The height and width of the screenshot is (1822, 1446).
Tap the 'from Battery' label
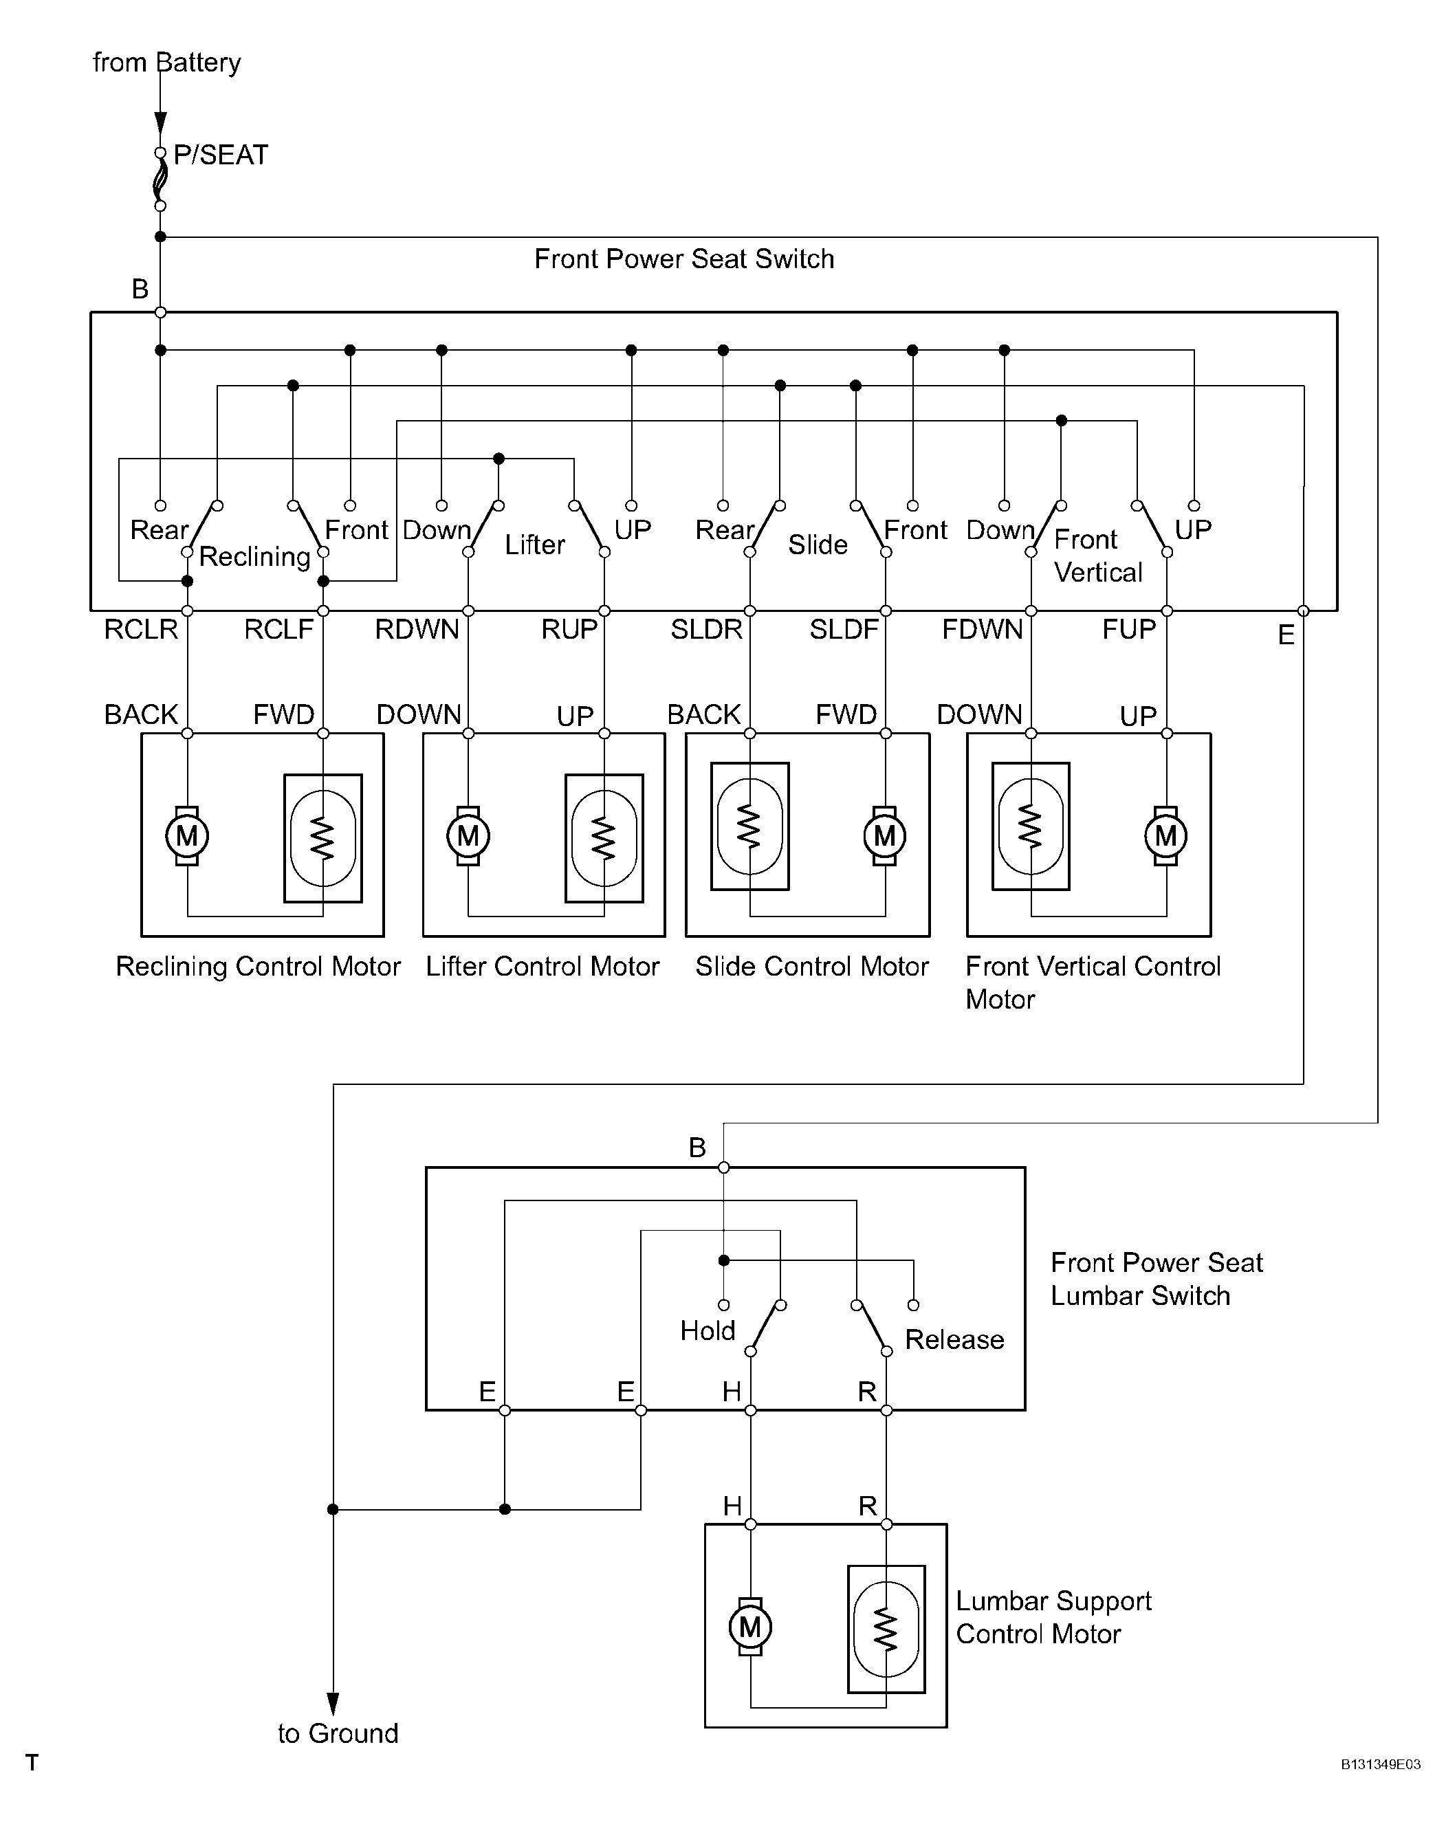click(x=166, y=63)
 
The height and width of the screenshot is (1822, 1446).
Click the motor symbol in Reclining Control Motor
click(x=187, y=836)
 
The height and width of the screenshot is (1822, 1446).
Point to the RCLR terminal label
click(x=140, y=630)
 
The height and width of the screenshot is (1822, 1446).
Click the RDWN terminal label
click(x=417, y=630)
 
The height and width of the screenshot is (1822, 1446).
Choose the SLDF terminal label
click(x=844, y=630)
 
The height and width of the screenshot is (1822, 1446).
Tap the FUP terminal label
click(x=1128, y=630)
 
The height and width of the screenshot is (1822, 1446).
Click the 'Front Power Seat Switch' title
click(x=683, y=259)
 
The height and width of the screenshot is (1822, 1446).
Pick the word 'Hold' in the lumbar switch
click(x=708, y=1331)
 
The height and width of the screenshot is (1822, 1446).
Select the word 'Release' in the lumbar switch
click(x=954, y=1339)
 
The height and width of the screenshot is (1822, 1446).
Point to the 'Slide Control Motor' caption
click(x=811, y=966)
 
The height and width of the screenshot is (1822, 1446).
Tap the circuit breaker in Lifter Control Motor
click(x=604, y=838)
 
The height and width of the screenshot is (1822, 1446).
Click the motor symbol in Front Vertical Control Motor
click(x=1165, y=836)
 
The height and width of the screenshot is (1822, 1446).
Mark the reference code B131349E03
click(x=1380, y=1764)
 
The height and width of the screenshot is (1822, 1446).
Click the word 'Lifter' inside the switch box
click(x=534, y=545)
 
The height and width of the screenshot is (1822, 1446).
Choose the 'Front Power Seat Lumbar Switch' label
click(x=1156, y=1279)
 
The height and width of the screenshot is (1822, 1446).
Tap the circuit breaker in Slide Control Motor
click(x=749, y=826)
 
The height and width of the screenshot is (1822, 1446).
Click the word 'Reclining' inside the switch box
click(x=254, y=557)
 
